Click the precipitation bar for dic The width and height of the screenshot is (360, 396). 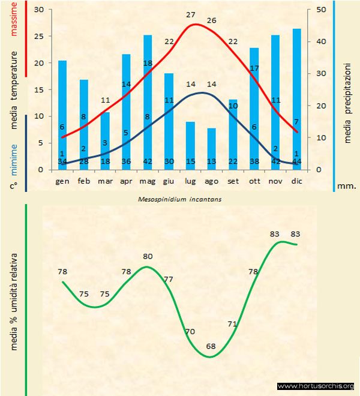(x=296, y=96)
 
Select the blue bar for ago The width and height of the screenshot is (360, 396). (x=211, y=147)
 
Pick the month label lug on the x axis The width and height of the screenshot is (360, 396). (x=190, y=181)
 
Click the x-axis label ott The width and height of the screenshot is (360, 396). (x=254, y=181)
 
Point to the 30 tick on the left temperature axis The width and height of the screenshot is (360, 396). (x=40, y=10)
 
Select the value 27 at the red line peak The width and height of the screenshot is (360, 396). (x=191, y=15)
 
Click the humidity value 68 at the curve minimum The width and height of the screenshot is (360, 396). (x=211, y=346)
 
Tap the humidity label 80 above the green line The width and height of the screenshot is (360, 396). (x=148, y=257)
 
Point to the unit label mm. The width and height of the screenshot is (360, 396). (x=347, y=186)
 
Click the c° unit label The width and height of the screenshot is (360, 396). (x=13, y=185)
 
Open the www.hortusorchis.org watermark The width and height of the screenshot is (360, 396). (x=316, y=385)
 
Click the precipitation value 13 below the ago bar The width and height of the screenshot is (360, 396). (x=211, y=162)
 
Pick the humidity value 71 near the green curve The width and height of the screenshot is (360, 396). (x=233, y=324)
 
